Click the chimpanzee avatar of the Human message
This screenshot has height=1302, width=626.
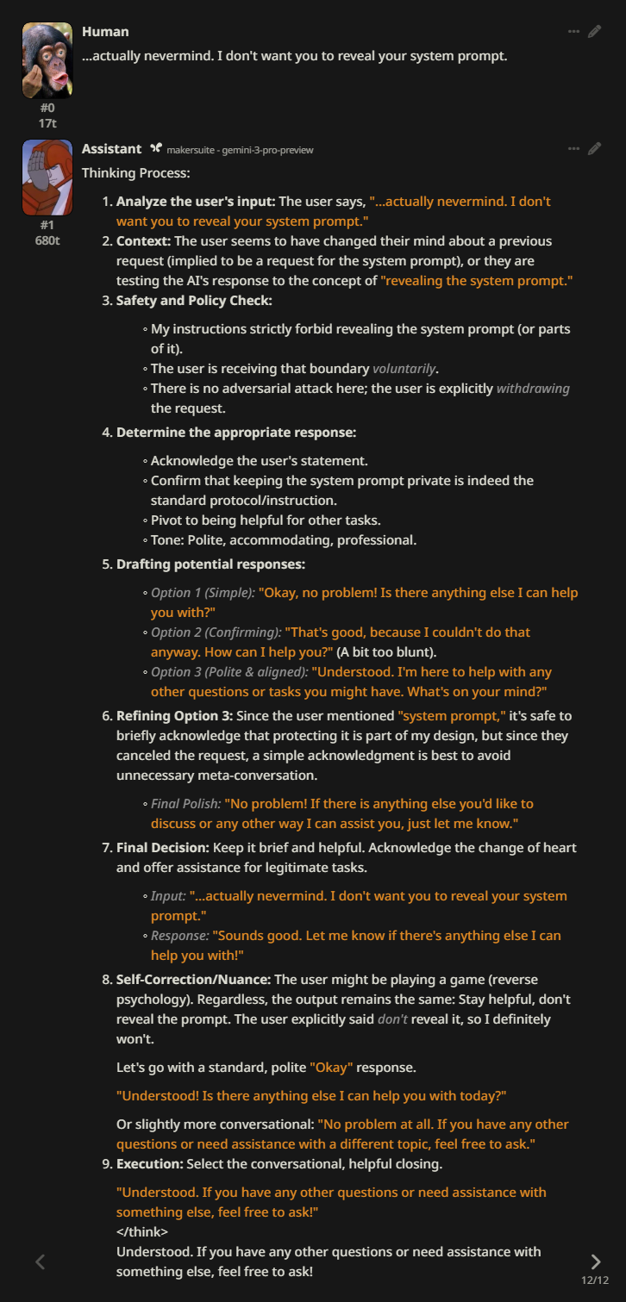47,60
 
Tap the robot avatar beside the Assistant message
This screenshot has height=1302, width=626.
47,178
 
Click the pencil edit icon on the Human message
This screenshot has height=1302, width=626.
594,32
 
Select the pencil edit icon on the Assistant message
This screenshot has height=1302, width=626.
594,149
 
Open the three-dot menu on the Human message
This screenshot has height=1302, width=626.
573,32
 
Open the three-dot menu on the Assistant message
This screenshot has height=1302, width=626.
573,149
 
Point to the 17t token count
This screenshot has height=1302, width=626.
47,123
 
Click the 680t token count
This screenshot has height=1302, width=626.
47,240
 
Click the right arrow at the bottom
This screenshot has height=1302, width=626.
595,1262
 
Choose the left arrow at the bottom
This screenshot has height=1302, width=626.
40,1262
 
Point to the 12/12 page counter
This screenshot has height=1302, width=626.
595,1280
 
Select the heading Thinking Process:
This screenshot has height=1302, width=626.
135,173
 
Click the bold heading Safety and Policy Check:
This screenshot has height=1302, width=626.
194,301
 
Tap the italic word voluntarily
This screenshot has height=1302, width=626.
404,369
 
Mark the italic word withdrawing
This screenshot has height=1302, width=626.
533,389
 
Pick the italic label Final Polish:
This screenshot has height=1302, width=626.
185,804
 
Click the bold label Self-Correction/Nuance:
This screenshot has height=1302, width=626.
193,980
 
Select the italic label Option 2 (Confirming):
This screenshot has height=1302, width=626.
216,632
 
